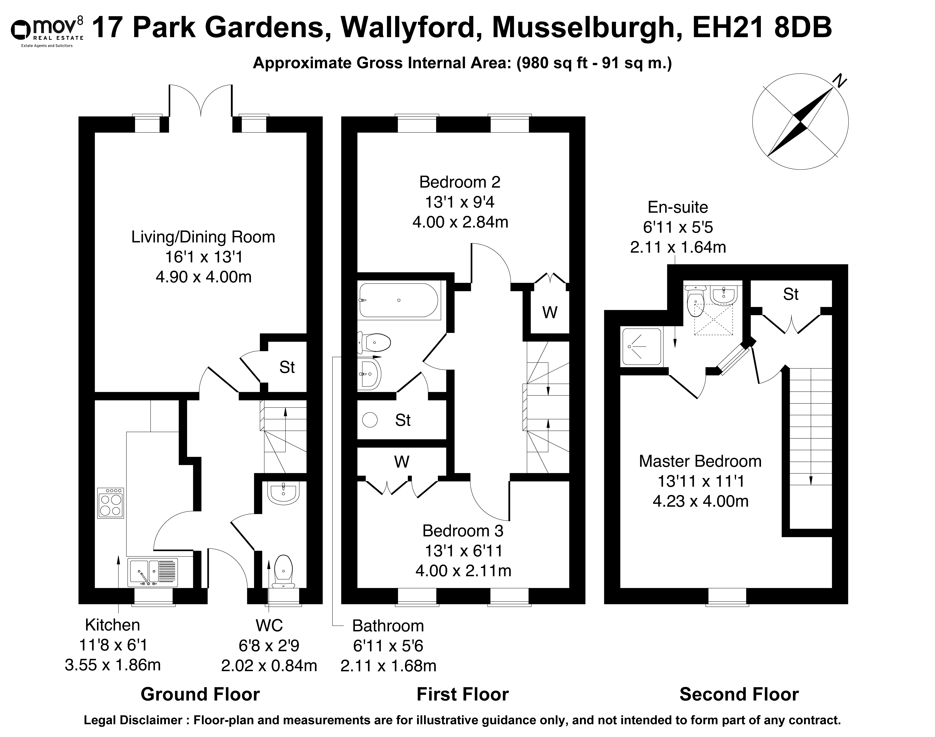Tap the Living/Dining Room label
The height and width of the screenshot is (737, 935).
pos(203,237)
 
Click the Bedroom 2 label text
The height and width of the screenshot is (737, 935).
pos(460,182)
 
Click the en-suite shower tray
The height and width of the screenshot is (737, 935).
pos(642,347)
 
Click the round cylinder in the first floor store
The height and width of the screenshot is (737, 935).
pos(370,420)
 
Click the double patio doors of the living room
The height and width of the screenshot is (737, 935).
pos(201,100)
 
